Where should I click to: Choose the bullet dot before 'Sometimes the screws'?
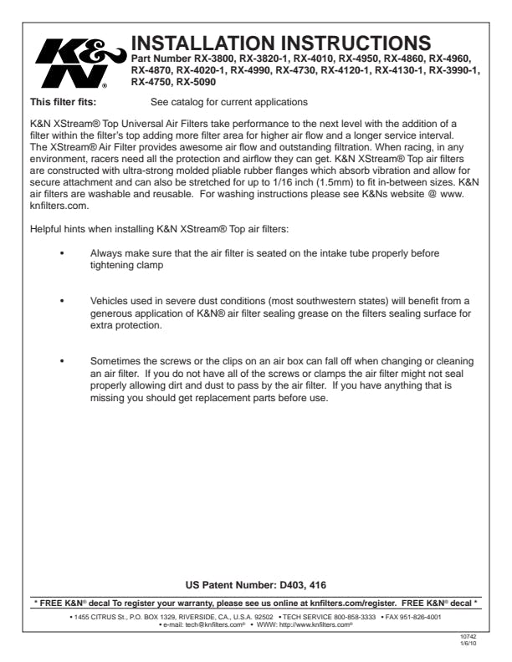pos(63,358)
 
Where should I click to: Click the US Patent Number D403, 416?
pos(256,585)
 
